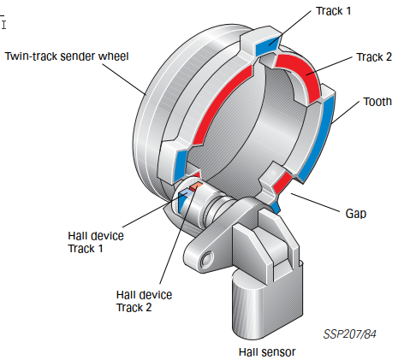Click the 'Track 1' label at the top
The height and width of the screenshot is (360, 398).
coord(333,11)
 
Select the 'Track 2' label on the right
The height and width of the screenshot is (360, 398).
coord(374,57)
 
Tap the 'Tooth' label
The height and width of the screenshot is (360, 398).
coord(377,102)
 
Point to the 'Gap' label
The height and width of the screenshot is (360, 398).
coord(356,214)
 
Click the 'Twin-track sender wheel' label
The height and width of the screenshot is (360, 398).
coord(67,56)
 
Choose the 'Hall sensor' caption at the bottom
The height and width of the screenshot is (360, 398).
coord(267,352)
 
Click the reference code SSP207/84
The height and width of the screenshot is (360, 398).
coord(349,334)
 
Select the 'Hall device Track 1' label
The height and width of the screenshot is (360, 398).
coord(96,242)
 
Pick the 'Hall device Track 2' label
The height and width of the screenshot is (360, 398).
coord(144,301)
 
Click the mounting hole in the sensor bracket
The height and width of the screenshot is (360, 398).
coord(206,259)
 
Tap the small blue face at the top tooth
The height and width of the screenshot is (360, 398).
coord(268,45)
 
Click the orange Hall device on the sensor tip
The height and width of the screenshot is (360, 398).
coord(196,186)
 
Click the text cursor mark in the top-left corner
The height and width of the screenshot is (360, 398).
coord(3,25)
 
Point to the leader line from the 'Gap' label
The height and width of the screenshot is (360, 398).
coord(315,203)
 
